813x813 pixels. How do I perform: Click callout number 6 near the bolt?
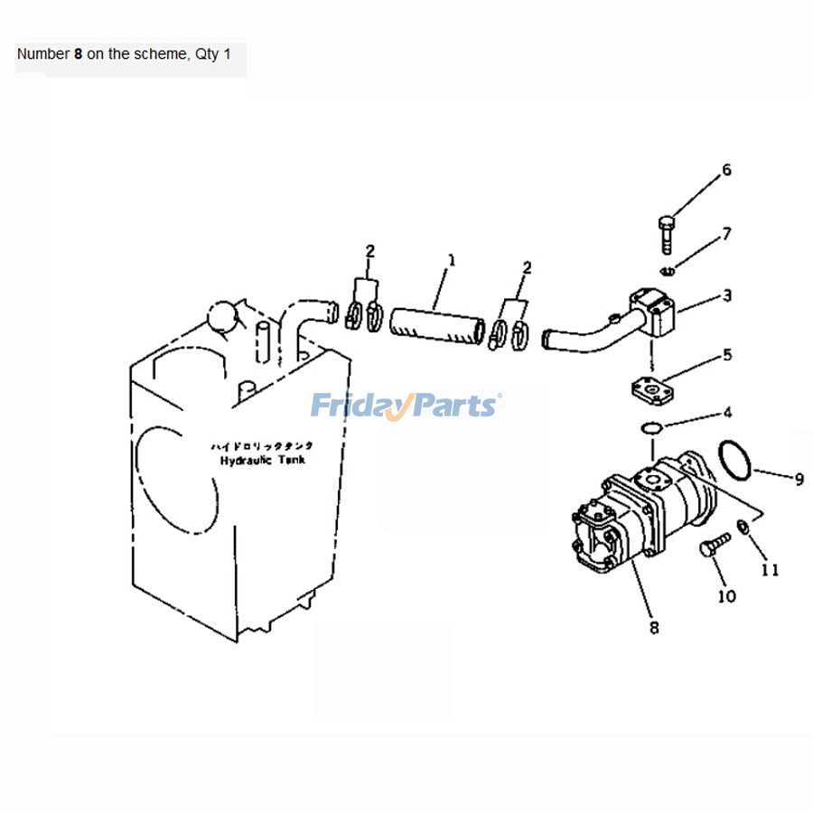pos(725,170)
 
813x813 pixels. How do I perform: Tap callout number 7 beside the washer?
pos(725,235)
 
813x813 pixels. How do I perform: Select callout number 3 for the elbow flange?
pos(726,295)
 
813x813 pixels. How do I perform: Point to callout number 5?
pos(726,355)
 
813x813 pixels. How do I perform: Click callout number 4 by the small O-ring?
pos(726,415)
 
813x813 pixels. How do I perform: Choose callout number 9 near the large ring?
pos(799,480)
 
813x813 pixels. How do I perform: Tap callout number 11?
pos(769,570)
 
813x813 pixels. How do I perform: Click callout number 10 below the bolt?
pos(726,596)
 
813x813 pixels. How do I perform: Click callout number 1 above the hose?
pos(452,260)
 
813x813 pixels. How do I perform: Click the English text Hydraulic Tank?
pos(263,460)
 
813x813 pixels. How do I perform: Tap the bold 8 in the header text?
pos(78,54)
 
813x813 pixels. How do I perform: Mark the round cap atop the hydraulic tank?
pos(221,318)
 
